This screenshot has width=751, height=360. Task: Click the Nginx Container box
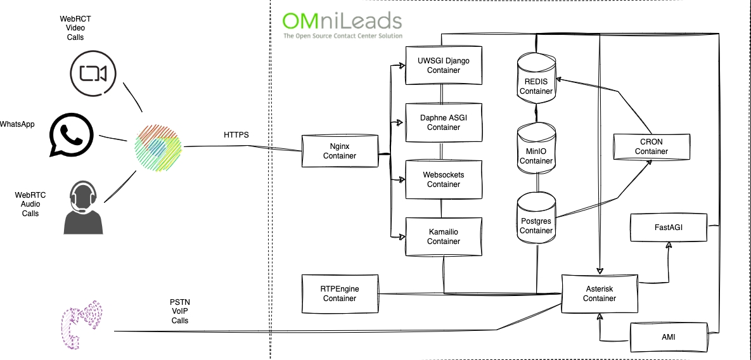point(340,151)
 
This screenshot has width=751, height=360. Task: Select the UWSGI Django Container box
point(444,65)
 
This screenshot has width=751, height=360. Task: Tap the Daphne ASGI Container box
point(444,122)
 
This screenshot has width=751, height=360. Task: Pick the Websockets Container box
point(444,179)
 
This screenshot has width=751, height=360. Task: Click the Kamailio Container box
point(444,236)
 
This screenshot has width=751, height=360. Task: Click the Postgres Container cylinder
point(536,218)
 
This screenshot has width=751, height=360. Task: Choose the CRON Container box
point(652,146)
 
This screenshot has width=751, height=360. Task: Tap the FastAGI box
point(669,227)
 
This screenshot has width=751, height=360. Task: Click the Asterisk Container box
point(599,293)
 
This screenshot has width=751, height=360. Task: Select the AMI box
point(668,337)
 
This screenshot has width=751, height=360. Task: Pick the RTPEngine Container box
point(340,293)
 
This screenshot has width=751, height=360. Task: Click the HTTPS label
point(236,135)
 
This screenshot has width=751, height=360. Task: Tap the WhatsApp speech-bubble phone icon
point(70,134)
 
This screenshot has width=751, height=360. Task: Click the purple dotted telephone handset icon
point(82,324)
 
